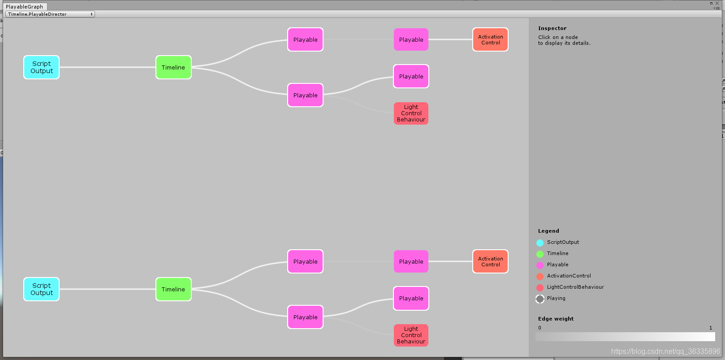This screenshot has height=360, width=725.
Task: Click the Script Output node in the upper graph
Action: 41,67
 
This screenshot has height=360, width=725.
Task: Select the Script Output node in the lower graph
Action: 41,289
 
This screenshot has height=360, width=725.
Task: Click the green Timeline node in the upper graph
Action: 173,67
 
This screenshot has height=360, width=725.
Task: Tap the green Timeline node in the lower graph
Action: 173,289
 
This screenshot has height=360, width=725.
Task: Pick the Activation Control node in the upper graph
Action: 490,39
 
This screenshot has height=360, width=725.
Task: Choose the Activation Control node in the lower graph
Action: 490,261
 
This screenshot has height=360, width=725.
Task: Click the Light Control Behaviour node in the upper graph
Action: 411,113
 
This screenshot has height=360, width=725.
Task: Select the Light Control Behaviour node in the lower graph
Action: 411,335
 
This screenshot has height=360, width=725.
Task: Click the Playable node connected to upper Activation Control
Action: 411,39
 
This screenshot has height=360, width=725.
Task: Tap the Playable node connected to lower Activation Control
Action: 411,261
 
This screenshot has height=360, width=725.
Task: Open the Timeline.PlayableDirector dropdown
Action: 50,14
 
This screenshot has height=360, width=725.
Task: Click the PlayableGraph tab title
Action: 25,7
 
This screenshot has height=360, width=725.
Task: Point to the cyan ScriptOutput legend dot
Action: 540,243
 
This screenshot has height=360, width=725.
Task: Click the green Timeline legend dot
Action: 540,254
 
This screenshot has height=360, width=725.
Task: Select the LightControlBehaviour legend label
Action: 575,287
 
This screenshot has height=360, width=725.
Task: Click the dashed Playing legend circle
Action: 540,299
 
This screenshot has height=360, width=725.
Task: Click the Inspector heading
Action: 552,28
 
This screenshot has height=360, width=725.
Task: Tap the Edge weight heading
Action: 556,319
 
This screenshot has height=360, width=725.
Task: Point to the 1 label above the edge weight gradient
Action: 711,328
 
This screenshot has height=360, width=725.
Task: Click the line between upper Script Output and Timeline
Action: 108,67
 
